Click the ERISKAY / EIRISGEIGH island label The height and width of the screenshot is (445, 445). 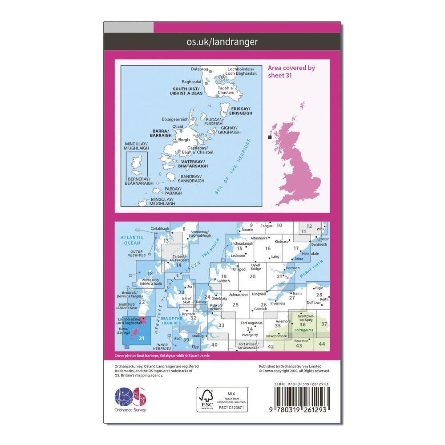[240, 111]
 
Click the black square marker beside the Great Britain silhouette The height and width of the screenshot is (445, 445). [269, 138]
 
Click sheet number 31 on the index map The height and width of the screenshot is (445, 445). [142, 338]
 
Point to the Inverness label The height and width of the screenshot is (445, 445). [278, 303]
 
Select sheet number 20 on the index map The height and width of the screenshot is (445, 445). [252, 276]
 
